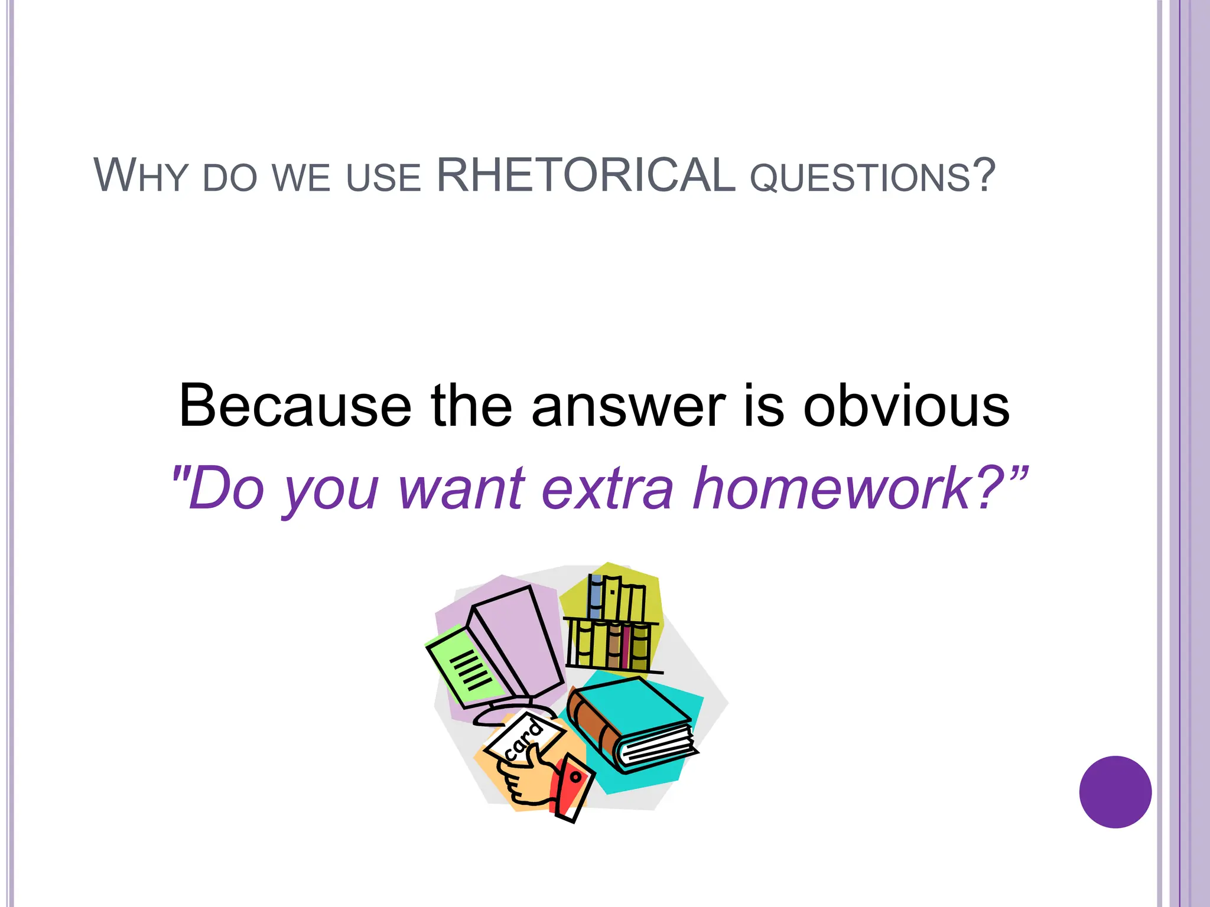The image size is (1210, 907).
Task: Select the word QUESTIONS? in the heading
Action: click(873, 177)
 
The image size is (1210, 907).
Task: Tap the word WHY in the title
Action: click(140, 175)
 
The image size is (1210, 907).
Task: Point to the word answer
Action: click(628, 407)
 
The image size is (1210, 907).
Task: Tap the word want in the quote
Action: click(461, 489)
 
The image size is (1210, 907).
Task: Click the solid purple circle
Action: click(1115, 792)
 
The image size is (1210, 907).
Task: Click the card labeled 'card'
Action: click(522, 739)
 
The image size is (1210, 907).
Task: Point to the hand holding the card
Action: click(528, 779)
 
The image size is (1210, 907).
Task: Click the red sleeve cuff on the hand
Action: click(571, 786)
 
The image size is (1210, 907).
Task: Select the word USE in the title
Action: click(383, 177)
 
